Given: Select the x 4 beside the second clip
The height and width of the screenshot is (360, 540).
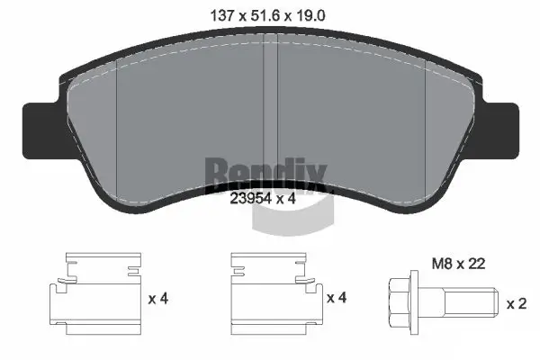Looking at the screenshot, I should tap(335, 298).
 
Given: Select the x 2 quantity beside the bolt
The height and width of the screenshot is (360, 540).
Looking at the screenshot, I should tap(515, 303).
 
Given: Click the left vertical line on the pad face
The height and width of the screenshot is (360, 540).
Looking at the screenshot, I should tap(119, 117).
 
